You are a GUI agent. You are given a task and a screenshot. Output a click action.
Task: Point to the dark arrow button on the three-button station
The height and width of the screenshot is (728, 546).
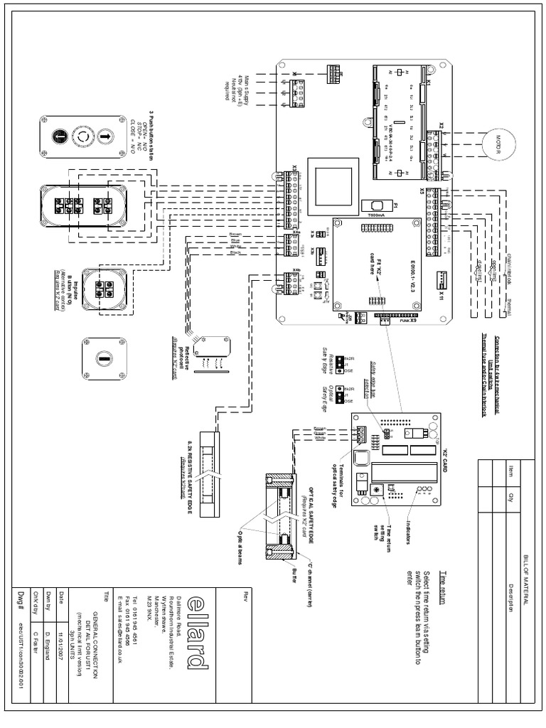pyautogui.click(x=60, y=135)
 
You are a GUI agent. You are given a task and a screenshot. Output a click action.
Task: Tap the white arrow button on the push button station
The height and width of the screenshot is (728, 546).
pyautogui.click(x=104, y=135)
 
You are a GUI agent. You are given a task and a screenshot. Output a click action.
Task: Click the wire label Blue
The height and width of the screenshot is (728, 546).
pyautogui.click(x=235, y=241)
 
